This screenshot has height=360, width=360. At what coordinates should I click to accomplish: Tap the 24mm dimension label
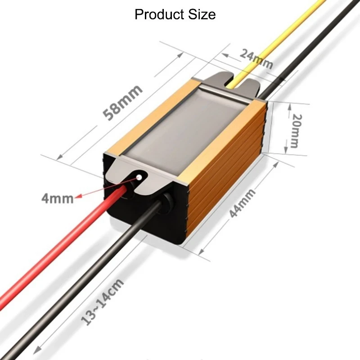click(x=256, y=59)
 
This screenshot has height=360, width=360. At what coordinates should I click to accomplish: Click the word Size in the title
click(x=202, y=14)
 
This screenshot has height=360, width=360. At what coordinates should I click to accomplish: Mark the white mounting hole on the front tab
click(x=140, y=177)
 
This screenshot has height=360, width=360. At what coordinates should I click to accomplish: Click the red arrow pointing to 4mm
click(x=103, y=189)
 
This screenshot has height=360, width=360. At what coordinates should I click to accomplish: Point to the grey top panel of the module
click(x=189, y=130)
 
